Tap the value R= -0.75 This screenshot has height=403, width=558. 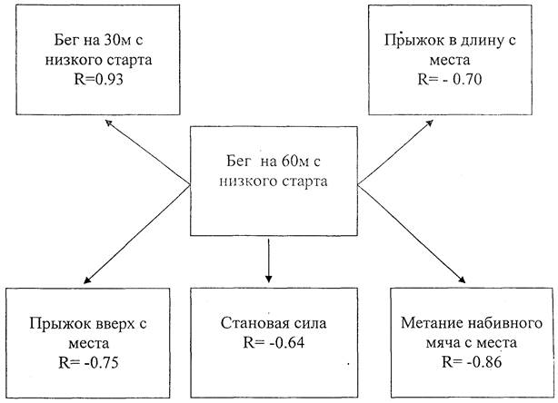88,363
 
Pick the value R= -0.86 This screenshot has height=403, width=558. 470,363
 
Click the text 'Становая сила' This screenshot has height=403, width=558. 270,323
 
